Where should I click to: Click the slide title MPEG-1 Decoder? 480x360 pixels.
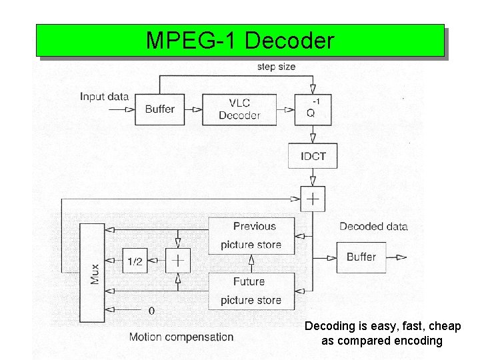239,41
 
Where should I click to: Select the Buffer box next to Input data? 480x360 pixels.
159,109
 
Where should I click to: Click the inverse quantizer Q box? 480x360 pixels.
311,109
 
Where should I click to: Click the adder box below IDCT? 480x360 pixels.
312,199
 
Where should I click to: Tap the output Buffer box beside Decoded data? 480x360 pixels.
361,257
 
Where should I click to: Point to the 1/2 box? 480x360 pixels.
135,261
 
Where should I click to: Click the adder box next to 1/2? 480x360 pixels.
178,261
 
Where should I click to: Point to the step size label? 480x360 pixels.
276,67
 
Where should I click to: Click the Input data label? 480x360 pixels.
104,97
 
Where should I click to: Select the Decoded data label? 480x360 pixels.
373,226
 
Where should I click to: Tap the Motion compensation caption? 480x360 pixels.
181,337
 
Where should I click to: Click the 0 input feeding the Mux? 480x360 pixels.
151,310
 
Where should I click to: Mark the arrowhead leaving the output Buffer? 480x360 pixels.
401,257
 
